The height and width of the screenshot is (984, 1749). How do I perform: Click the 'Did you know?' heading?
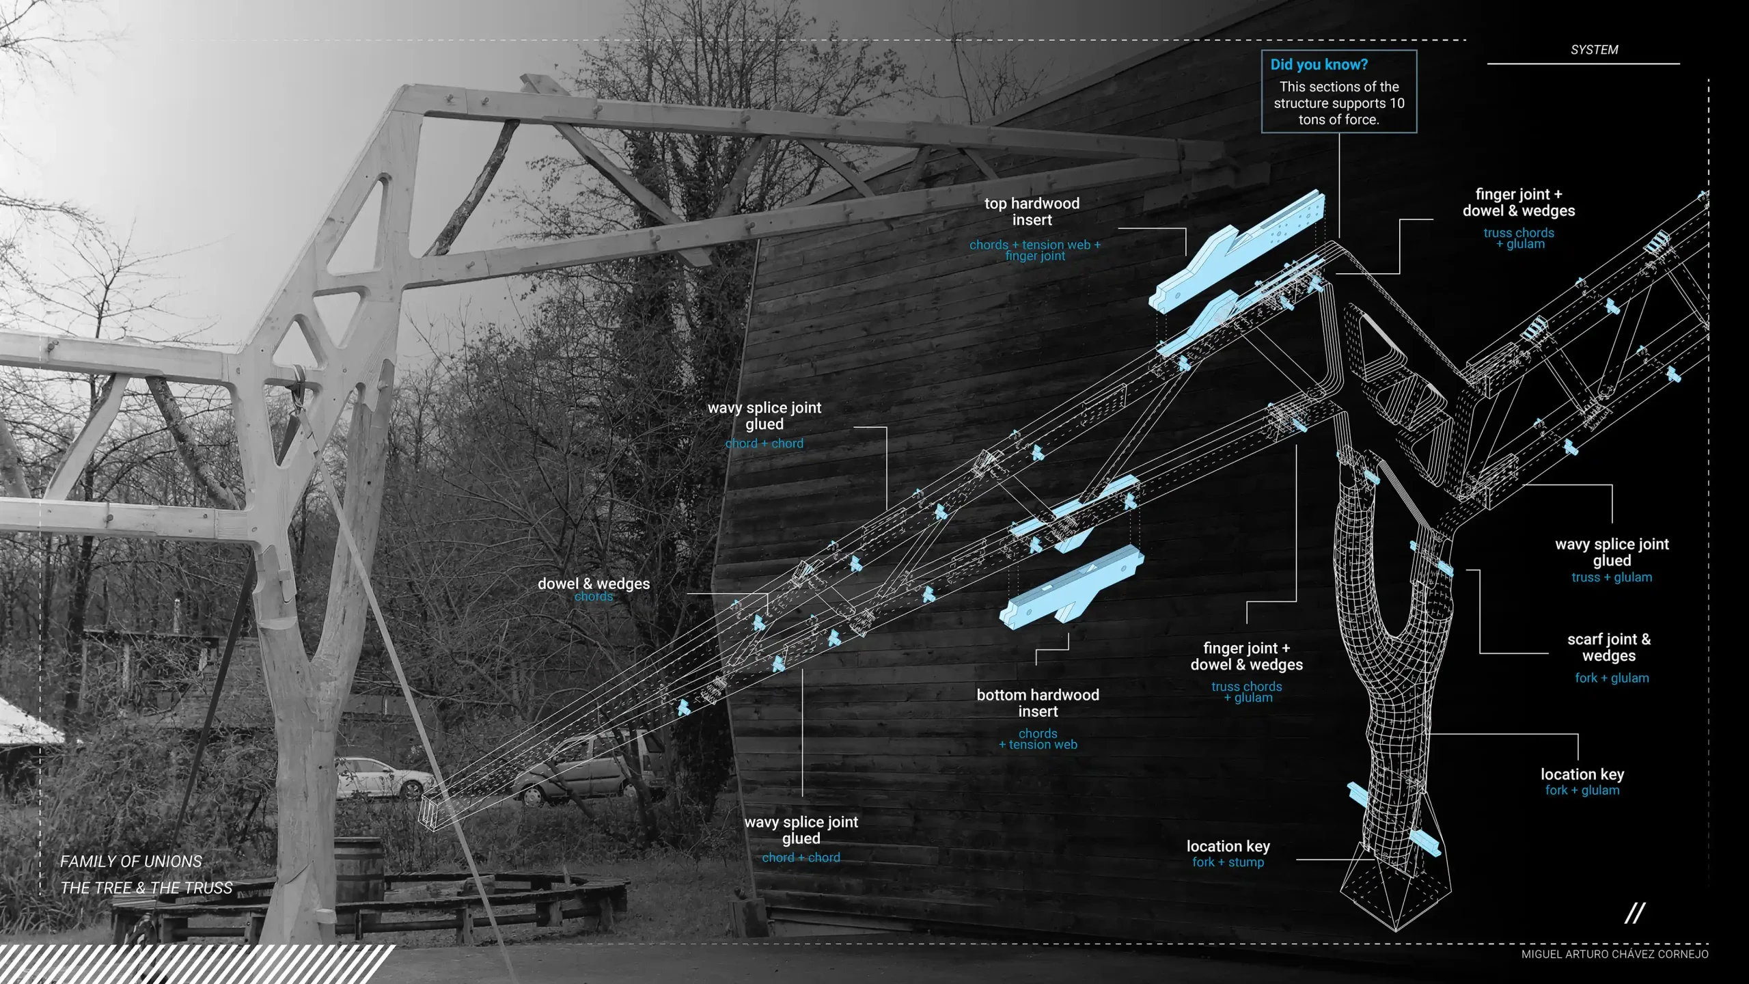1319,65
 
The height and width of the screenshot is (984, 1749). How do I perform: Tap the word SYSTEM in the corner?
1594,50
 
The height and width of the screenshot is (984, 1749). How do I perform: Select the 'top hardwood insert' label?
1032,212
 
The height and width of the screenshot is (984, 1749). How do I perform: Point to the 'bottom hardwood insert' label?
1038,703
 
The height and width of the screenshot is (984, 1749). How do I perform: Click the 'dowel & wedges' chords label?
594,584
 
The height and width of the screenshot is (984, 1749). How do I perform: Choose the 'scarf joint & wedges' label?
1609,648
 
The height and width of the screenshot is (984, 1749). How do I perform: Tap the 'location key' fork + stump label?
1228,847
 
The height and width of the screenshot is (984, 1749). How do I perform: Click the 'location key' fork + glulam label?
1582,775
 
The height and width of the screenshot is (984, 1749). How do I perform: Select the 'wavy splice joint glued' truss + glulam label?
1612,553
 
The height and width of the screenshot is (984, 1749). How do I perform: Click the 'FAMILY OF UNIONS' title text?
131,862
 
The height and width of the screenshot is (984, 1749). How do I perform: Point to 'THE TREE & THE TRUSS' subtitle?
146,888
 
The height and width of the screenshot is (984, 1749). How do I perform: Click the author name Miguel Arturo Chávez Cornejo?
1614,955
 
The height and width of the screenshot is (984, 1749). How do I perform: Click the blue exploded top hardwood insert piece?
1237,253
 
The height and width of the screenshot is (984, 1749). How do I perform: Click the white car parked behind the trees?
383,778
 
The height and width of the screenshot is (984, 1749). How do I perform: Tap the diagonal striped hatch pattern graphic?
191,963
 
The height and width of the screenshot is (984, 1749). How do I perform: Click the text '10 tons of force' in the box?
1339,111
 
